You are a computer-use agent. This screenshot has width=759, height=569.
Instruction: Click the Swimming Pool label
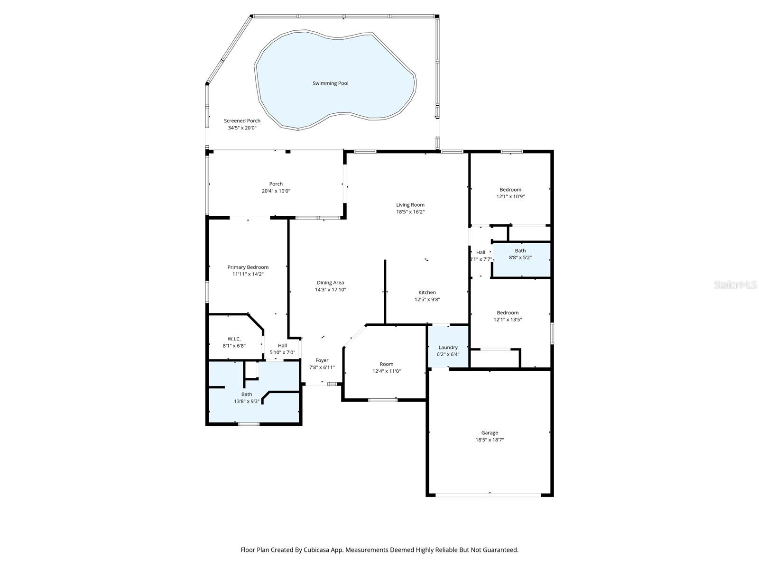coord(330,83)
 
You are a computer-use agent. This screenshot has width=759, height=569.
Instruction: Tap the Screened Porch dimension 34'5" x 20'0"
coord(242,128)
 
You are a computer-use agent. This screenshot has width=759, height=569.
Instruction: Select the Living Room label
coord(410,205)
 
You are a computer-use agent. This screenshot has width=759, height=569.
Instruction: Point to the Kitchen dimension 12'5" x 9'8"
coord(427,299)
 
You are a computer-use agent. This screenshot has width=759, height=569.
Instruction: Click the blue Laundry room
coord(448,346)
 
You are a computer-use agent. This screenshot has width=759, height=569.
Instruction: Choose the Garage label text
coord(490,432)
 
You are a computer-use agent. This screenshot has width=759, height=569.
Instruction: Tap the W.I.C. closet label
coord(234,339)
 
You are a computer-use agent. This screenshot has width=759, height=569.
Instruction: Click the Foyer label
coord(322,360)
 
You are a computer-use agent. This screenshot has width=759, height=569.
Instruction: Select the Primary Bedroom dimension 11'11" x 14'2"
coord(248,274)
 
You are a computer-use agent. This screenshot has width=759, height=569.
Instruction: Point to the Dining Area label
coord(330,283)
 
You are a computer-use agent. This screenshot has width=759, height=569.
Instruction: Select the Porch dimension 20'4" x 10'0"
coord(276,191)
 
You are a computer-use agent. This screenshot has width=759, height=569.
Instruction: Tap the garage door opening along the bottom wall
coord(489,495)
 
